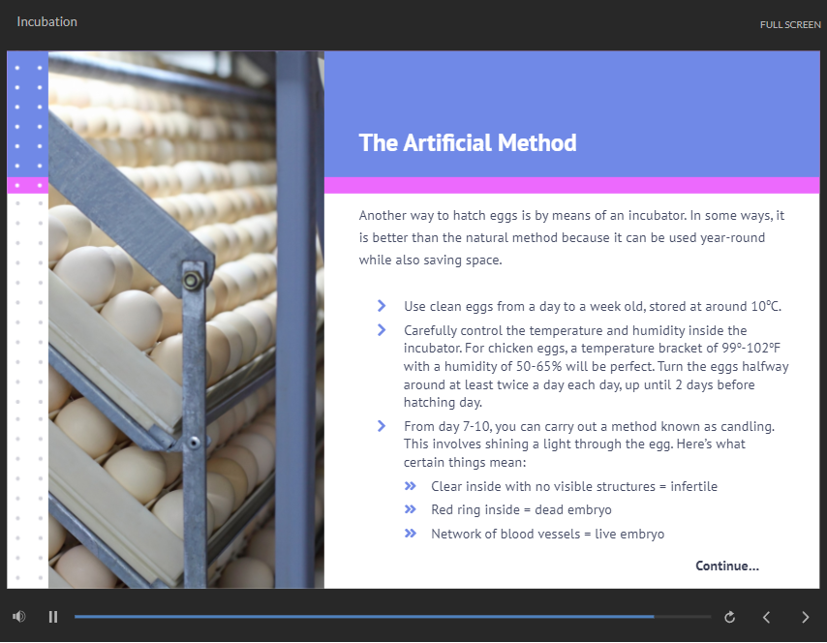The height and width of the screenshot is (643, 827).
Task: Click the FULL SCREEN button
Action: coord(790,25)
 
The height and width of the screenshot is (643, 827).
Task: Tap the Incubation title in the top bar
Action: coord(46,21)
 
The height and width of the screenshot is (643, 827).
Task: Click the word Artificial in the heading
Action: coord(447,143)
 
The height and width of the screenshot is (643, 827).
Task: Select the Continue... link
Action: coord(727,566)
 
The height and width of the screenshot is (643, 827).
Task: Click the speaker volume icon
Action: coord(19,617)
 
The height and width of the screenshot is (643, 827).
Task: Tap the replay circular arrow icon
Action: coord(729,617)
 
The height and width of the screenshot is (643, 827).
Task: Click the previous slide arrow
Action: coord(766,617)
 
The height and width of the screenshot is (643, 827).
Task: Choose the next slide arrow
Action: coord(806,617)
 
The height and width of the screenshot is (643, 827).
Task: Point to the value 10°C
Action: coord(766,306)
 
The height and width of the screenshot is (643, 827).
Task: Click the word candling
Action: coord(748,427)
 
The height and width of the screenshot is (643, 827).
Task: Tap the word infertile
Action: coord(693,486)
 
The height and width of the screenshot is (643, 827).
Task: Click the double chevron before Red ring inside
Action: coord(411,509)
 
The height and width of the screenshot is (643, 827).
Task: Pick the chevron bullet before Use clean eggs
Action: coord(382,306)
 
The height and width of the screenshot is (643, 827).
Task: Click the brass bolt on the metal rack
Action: coord(192,281)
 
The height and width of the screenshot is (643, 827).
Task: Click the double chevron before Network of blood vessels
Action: coord(411,534)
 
